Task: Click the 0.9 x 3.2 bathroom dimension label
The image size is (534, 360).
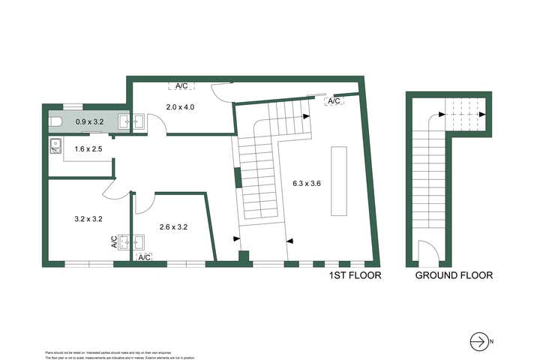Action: (x=90, y=120)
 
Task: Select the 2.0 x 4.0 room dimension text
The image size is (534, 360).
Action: (x=180, y=107)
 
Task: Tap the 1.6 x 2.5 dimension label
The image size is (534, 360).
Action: (x=88, y=149)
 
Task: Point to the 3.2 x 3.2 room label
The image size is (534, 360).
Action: (x=88, y=219)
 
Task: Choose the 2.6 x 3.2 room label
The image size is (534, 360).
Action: (x=173, y=226)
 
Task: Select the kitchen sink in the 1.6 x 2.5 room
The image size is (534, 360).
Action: (x=54, y=146)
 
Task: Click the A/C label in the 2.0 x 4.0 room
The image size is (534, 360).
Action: (x=182, y=86)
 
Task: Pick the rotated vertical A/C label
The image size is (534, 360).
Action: (x=115, y=241)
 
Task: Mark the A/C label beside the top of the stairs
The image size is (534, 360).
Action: (x=334, y=100)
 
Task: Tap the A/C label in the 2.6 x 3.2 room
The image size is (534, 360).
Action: (x=145, y=257)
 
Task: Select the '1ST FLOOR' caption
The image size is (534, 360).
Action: (x=355, y=275)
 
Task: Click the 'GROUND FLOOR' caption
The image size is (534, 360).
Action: (x=454, y=275)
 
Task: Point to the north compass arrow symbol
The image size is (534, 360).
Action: (x=478, y=341)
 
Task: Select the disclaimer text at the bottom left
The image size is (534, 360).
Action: (x=97, y=353)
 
